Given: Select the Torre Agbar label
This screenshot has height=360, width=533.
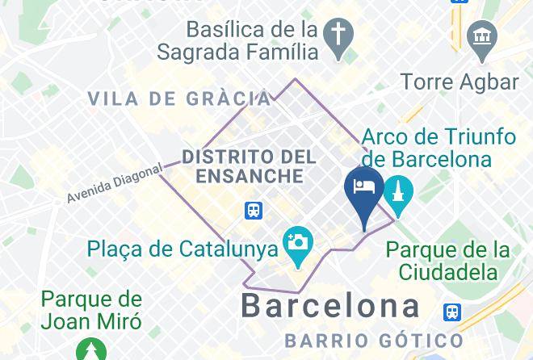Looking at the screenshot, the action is point(459,82).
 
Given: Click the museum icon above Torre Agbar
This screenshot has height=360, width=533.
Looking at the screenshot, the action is point(482,37).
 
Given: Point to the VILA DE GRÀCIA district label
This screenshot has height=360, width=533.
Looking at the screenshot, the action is point(179,99).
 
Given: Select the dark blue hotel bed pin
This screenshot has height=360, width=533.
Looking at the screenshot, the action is point(364,188).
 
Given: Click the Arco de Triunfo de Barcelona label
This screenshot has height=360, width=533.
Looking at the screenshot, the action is point(439,147).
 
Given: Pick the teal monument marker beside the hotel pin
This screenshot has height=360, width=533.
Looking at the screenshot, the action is point(398,194).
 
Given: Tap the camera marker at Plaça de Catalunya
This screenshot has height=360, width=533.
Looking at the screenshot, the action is point(298,242).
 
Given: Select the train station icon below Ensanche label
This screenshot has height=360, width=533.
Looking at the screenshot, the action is point(254,211).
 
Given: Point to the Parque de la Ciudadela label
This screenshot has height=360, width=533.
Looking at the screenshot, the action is point(447,259).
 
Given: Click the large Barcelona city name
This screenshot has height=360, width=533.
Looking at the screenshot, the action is point(331,306).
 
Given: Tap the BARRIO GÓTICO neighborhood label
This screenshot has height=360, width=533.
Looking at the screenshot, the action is point(374,341).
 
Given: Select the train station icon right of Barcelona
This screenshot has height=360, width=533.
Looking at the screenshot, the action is point(452,312).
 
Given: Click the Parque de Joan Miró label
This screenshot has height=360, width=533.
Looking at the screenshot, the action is point(91,311).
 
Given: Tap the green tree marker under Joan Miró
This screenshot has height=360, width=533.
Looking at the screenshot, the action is point(90,350).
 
